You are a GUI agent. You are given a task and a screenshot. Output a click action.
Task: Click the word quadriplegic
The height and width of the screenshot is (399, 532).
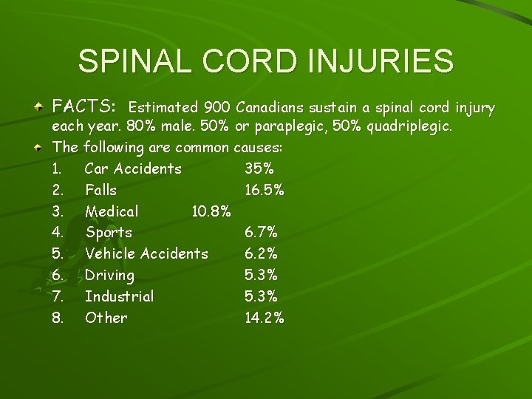(410, 126)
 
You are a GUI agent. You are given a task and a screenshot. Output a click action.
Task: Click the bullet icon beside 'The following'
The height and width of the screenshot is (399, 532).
(38, 148)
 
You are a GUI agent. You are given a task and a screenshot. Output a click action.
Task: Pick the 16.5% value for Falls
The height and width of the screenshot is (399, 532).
(265, 190)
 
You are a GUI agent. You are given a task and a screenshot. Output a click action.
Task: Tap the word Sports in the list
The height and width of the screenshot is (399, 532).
(109, 233)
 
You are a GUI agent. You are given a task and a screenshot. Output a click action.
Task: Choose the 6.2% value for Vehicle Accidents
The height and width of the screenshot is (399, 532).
(261, 253)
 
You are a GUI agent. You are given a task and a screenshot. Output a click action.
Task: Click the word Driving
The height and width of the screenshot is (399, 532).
(109, 276)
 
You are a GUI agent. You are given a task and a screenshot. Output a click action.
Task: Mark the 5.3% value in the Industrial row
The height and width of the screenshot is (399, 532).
(261, 296)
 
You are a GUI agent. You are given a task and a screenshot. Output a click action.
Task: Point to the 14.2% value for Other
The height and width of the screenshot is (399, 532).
(265, 318)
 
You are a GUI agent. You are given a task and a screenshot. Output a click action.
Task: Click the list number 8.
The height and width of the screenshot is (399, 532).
(58, 318)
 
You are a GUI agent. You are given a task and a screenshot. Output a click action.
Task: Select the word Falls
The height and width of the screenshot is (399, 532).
(100, 190)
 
